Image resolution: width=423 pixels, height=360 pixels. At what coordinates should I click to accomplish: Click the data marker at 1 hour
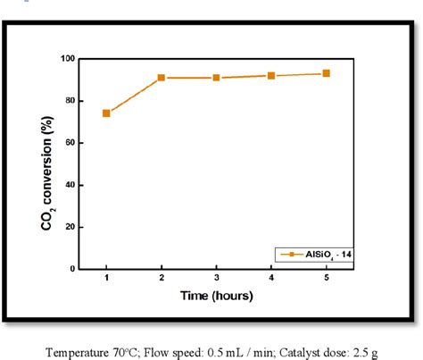(106, 113)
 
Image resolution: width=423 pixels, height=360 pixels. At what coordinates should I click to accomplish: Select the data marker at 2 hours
(162, 78)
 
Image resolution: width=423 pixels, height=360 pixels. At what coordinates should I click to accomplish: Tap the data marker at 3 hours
(216, 78)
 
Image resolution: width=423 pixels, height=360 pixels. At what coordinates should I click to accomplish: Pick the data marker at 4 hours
(271, 76)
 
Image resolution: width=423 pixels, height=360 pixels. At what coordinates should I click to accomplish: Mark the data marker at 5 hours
(327, 73)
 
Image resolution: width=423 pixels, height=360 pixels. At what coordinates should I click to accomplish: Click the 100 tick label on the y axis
(66, 59)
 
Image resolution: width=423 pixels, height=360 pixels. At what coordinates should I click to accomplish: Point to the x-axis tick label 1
(106, 280)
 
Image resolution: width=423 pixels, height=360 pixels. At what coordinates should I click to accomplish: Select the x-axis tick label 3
(216, 280)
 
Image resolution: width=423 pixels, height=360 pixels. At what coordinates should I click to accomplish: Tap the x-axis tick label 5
(327, 280)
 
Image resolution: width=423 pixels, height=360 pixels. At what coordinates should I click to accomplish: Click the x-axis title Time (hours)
(216, 296)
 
